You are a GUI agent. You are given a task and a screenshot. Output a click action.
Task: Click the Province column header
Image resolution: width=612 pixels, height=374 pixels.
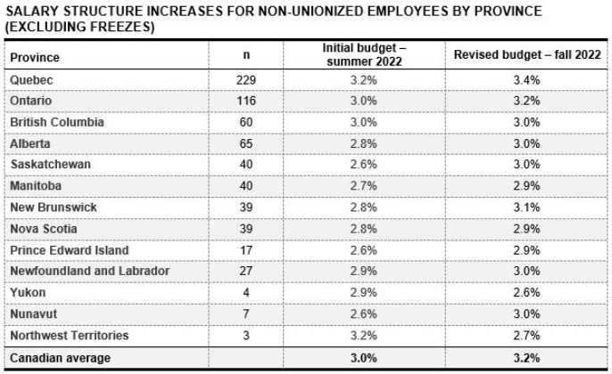(35, 58)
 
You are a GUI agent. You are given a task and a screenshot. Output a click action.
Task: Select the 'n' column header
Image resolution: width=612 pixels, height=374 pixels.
(246, 55)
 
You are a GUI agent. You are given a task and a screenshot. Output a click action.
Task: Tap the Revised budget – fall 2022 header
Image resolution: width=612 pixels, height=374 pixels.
(527, 54)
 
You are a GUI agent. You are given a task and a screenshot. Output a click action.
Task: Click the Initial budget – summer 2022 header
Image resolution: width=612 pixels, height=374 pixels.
(364, 55)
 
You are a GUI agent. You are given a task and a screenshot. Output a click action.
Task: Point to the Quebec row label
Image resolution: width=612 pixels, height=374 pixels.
(31, 80)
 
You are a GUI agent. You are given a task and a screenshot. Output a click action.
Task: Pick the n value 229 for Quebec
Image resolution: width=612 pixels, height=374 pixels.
(246, 80)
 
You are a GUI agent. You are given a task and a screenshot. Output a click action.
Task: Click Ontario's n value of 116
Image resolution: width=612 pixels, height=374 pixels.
(246, 101)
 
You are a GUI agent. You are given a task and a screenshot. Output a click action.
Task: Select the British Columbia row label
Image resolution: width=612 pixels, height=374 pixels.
(57, 122)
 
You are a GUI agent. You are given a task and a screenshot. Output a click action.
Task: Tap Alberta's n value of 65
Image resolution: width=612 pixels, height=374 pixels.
(246, 143)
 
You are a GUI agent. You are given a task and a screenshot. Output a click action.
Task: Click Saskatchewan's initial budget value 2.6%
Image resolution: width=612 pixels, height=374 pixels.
(364, 164)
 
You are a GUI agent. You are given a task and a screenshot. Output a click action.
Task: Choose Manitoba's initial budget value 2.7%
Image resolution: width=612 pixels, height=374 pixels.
(364, 185)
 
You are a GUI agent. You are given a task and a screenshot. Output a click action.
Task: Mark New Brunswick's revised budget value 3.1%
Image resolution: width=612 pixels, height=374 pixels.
(526, 207)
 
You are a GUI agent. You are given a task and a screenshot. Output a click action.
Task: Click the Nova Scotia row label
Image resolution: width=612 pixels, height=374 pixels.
(44, 229)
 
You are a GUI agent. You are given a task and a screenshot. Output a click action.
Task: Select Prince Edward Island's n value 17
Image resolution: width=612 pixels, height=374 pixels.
(246, 250)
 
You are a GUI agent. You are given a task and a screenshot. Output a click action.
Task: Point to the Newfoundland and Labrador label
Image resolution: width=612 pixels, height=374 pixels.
(90, 271)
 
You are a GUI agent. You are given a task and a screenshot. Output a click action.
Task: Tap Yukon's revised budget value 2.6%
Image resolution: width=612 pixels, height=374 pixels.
(526, 292)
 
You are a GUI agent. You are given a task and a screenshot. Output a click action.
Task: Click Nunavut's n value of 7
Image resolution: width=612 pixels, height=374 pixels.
(246, 313)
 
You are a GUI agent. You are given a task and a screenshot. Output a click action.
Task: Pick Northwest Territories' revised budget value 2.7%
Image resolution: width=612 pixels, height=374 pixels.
(526, 335)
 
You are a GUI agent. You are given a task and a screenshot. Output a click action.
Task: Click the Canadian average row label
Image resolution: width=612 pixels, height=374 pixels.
(60, 358)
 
